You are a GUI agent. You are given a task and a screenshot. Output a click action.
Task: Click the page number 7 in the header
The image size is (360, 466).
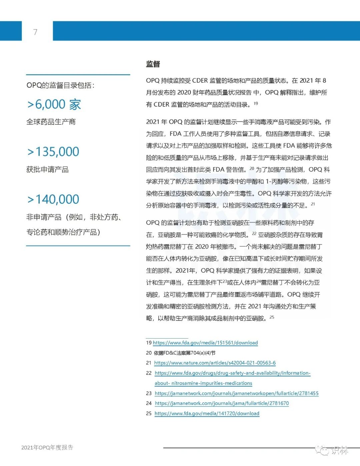(x=35, y=32)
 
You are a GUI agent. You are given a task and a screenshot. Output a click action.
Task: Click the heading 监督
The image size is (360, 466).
(x=153, y=64)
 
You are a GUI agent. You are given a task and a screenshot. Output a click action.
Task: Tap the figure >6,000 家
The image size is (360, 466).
(x=54, y=104)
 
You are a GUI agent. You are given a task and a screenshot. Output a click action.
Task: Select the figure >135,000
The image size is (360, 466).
(x=53, y=152)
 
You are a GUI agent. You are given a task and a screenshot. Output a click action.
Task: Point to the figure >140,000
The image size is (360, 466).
(x=53, y=199)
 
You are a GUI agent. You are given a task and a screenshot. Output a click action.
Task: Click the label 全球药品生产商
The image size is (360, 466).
(x=51, y=122)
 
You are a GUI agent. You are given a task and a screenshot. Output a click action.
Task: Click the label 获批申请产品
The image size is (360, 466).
(x=47, y=169)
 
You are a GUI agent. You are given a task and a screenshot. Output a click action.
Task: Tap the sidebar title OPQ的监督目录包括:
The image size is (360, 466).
(x=60, y=85)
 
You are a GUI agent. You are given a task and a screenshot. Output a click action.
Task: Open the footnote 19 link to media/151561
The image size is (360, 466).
(x=205, y=343)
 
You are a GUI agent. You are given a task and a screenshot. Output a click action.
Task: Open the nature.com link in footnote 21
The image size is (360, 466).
(x=215, y=363)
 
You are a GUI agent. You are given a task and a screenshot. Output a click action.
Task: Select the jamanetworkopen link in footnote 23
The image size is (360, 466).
(x=237, y=393)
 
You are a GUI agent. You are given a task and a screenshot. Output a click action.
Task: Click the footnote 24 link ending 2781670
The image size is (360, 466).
(x=222, y=403)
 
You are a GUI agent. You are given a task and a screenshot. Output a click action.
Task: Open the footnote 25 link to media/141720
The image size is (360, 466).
(x=207, y=414)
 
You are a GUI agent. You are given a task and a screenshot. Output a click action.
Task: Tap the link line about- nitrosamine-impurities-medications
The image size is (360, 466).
(x=203, y=383)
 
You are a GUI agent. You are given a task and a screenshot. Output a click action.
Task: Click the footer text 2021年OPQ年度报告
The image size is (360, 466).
(x=47, y=448)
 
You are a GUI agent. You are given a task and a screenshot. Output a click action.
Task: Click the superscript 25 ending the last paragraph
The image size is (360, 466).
(x=272, y=317)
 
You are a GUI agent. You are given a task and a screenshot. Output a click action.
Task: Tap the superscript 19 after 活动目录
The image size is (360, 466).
(x=256, y=103)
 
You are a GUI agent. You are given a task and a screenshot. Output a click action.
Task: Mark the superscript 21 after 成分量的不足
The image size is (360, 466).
(x=313, y=204)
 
